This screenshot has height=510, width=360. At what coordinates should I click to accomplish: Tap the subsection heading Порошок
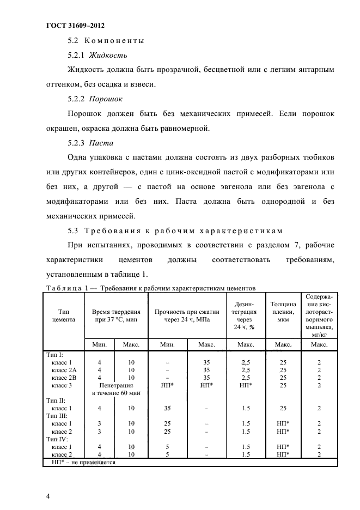[x=106, y=99]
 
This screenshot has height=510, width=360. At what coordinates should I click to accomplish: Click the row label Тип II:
[x=56, y=400]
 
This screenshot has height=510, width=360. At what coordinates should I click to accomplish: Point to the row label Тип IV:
[x=57, y=438]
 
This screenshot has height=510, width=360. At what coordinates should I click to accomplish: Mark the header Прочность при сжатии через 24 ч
[x=187, y=315]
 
